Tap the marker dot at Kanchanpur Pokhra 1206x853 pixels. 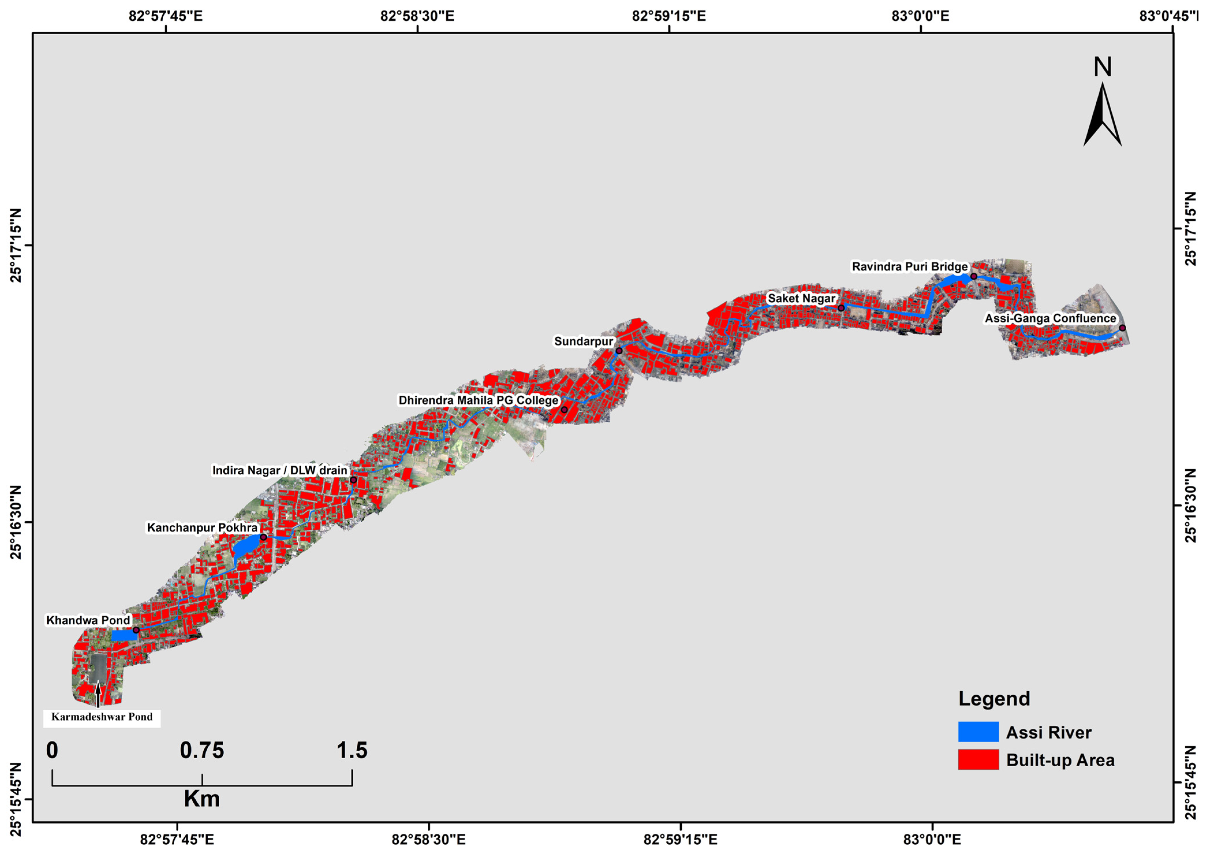pos(263,537)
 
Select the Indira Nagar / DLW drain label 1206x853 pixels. pos(279,470)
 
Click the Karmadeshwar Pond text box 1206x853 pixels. pos(102,717)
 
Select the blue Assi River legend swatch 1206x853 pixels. pos(978,732)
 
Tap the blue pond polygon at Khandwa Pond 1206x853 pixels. pos(124,635)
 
